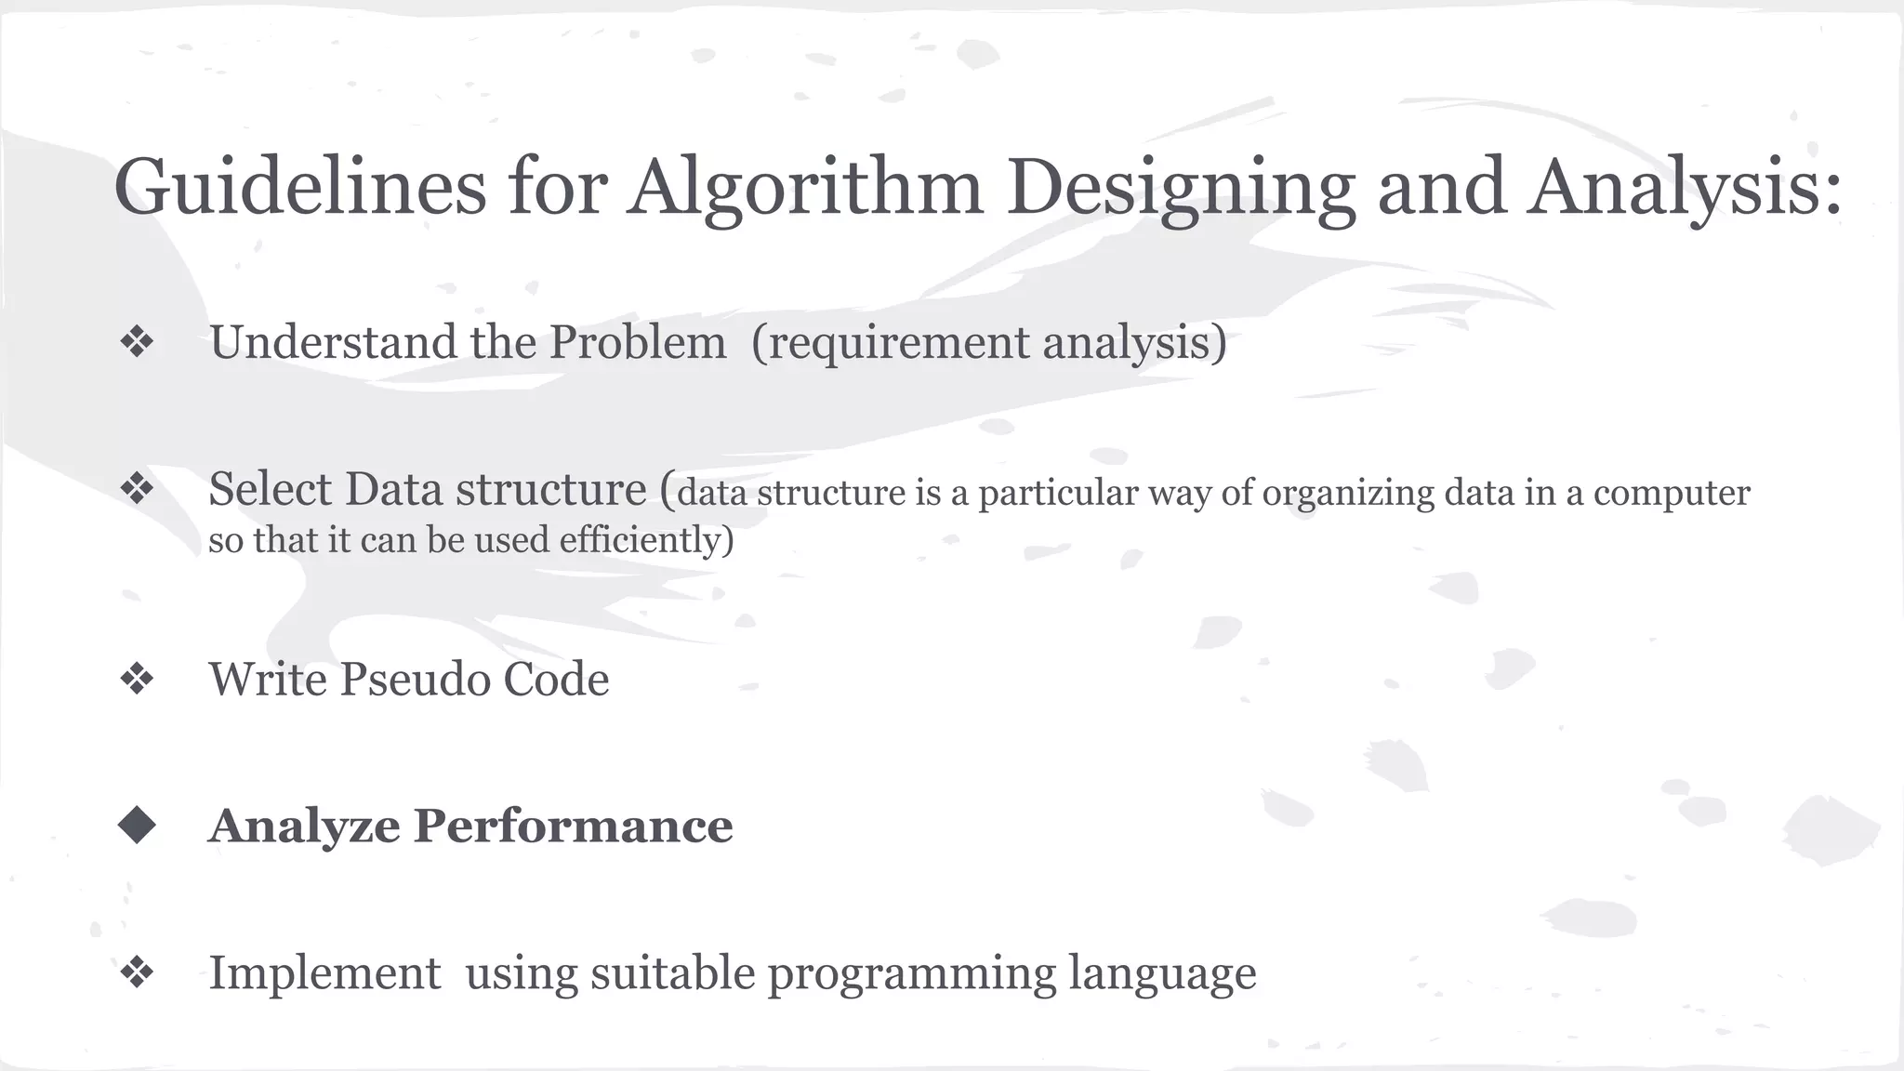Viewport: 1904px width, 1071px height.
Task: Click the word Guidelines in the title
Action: click(299, 187)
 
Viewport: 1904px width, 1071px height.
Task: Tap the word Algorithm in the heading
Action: click(805, 187)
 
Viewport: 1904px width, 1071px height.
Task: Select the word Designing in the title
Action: click(1181, 187)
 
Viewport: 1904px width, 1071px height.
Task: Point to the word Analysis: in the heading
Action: click(1685, 187)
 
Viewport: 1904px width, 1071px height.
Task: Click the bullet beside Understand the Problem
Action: click(137, 342)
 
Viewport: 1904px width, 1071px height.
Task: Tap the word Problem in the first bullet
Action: click(638, 342)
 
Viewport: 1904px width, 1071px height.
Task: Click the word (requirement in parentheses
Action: click(890, 342)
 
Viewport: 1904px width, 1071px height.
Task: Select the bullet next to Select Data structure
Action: click(137, 488)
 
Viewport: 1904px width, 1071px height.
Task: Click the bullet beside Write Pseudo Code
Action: click(137, 679)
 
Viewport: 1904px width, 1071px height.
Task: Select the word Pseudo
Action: click(415, 680)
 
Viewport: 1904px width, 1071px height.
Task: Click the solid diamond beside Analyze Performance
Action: click(137, 825)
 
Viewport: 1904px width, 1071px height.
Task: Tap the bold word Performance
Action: click(573, 826)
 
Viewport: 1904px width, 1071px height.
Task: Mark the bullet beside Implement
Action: click(137, 972)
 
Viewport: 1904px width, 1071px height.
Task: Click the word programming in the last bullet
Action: click(911, 974)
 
